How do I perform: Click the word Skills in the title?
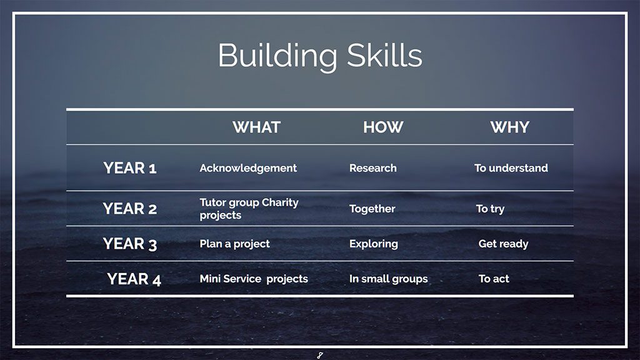pyautogui.click(x=385, y=55)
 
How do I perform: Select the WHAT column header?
pyautogui.click(x=256, y=127)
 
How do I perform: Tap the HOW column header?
pyautogui.click(x=383, y=127)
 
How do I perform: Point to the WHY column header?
pyautogui.click(x=510, y=127)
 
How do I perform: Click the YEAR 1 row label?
pyautogui.click(x=130, y=168)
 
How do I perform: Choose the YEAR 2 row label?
pyautogui.click(x=130, y=209)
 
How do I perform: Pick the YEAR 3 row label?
pyautogui.click(x=130, y=244)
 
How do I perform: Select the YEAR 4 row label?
pyautogui.click(x=134, y=279)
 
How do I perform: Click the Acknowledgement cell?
pyautogui.click(x=248, y=168)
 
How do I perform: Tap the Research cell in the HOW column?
pyautogui.click(x=373, y=168)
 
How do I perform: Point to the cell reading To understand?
pyautogui.click(x=511, y=168)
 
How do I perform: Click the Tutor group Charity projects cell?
pyautogui.click(x=249, y=209)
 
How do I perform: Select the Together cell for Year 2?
pyautogui.click(x=372, y=209)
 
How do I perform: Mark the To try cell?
pyautogui.click(x=490, y=209)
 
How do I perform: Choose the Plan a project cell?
pyautogui.click(x=235, y=244)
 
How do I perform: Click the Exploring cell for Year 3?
pyautogui.click(x=374, y=244)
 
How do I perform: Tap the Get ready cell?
pyautogui.click(x=503, y=244)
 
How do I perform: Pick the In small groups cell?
pyautogui.click(x=389, y=279)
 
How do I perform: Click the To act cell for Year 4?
pyautogui.click(x=494, y=279)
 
